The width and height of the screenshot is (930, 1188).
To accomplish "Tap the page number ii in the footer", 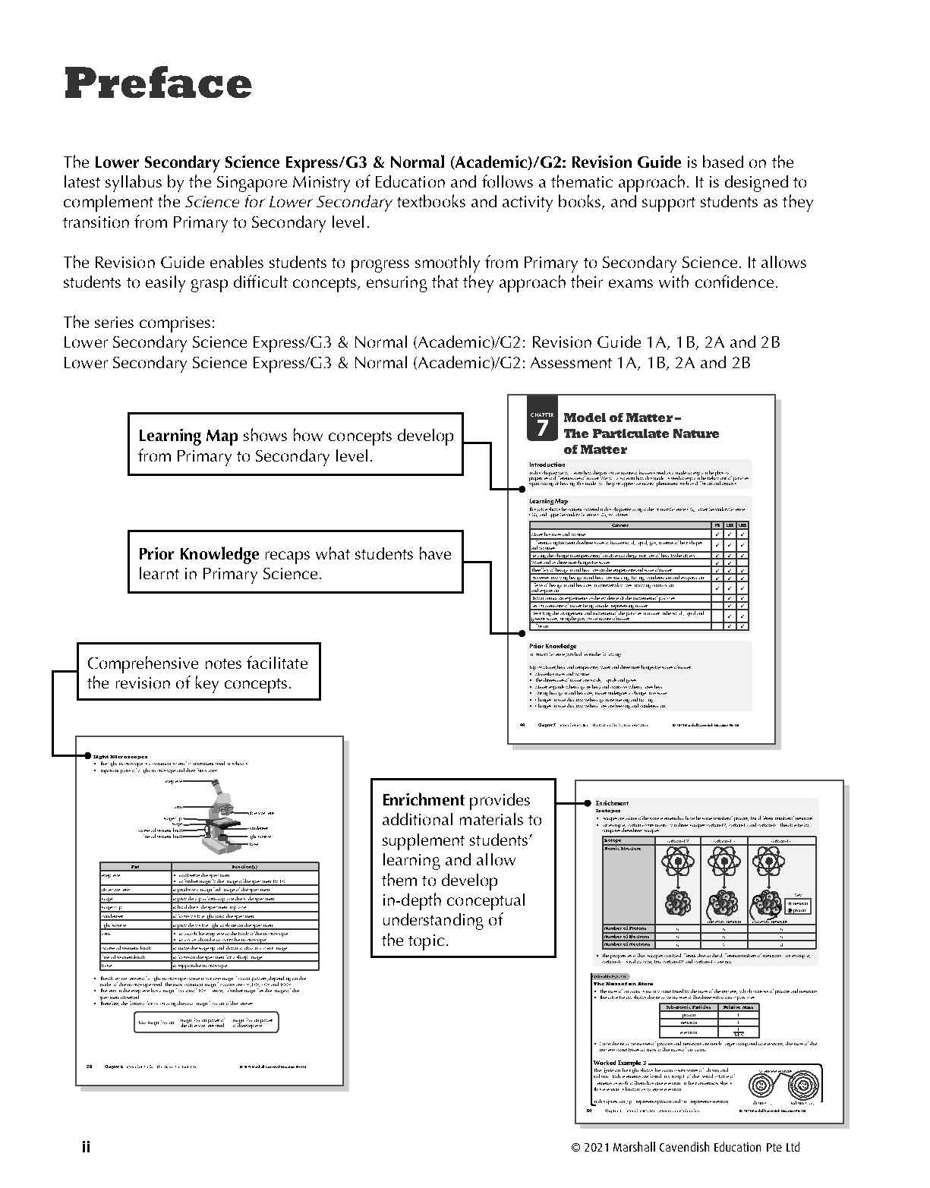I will click(x=86, y=1146).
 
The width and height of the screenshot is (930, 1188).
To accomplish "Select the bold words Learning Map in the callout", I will click(x=188, y=436).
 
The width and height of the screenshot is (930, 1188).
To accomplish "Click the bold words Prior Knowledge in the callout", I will click(x=199, y=554).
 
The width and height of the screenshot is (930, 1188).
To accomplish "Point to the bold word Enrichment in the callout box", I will click(x=423, y=800).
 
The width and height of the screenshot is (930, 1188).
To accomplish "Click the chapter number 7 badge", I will click(x=541, y=427).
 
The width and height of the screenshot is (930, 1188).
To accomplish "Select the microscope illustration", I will click(x=220, y=820).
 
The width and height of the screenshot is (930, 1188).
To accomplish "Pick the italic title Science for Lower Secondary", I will click(x=288, y=202).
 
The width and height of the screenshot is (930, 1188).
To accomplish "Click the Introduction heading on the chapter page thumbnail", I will click(x=547, y=465).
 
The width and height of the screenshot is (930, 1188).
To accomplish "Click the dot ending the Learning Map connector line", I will click(x=522, y=490).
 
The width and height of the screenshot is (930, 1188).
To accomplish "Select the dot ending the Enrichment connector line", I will click(x=587, y=802).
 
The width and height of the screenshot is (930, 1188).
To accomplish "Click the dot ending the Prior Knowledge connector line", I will click(x=522, y=632).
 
